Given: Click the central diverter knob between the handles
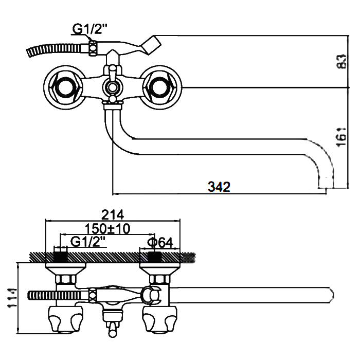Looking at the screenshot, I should coord(112,87).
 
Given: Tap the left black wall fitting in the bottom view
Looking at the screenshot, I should coord(61,257).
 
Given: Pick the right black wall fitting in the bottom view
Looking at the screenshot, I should coord(155,257).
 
